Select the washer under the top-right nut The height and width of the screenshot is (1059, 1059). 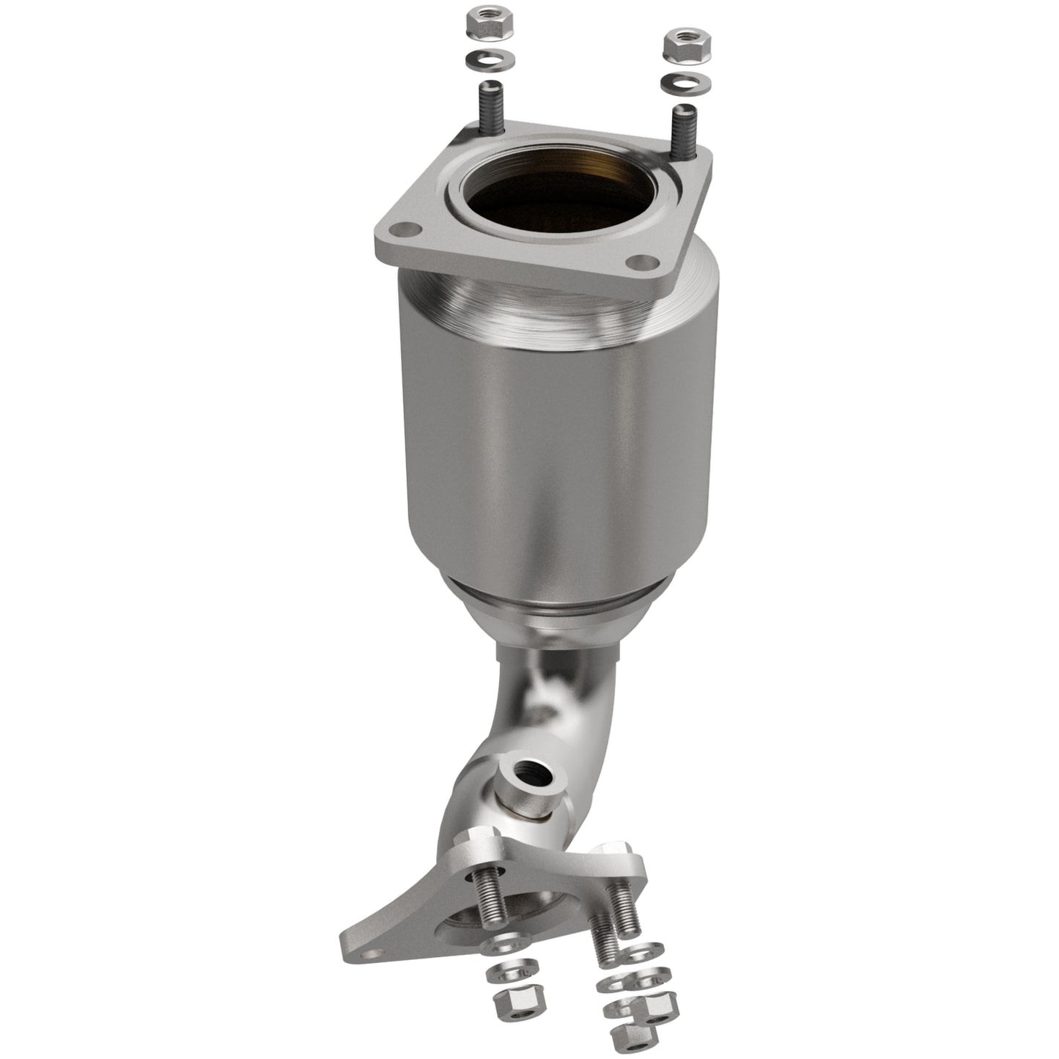coord(685,82)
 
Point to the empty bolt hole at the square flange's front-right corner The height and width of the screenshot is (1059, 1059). coord(643,261)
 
